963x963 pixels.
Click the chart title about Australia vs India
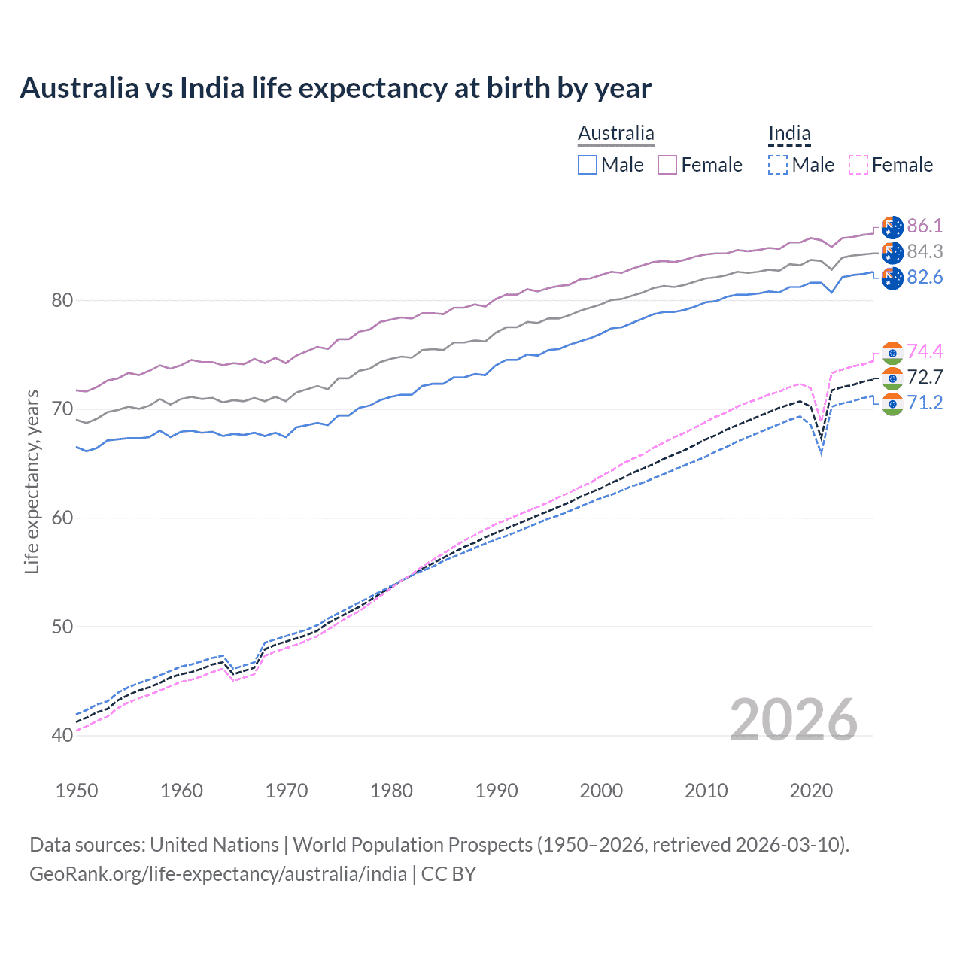click(336, 88)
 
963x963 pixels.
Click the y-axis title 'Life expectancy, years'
click(32, 482)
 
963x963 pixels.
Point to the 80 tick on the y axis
click(62, 301)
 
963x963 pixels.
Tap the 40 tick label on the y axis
click(62, 735)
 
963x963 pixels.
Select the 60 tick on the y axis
click(62, 518)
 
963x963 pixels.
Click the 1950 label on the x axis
click(77, 791)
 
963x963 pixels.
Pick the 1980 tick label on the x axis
click(391, 791)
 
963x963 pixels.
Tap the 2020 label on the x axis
click(811, 791)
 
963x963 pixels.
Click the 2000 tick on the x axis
click(601, 791)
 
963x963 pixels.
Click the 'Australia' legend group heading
click(616, 134)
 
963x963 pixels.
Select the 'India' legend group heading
click(789, 134)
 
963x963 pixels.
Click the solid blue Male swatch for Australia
click(588, 165)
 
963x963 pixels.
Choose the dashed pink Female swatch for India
click(858, 165)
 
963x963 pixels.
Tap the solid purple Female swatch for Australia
click(667, 165)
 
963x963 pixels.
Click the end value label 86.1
click(925, 226)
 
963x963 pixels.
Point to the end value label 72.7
click(925, 378)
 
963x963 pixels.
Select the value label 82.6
click(925, 278)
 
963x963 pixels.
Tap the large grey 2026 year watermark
click(794, 720)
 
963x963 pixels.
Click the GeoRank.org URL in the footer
click(218, 874)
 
